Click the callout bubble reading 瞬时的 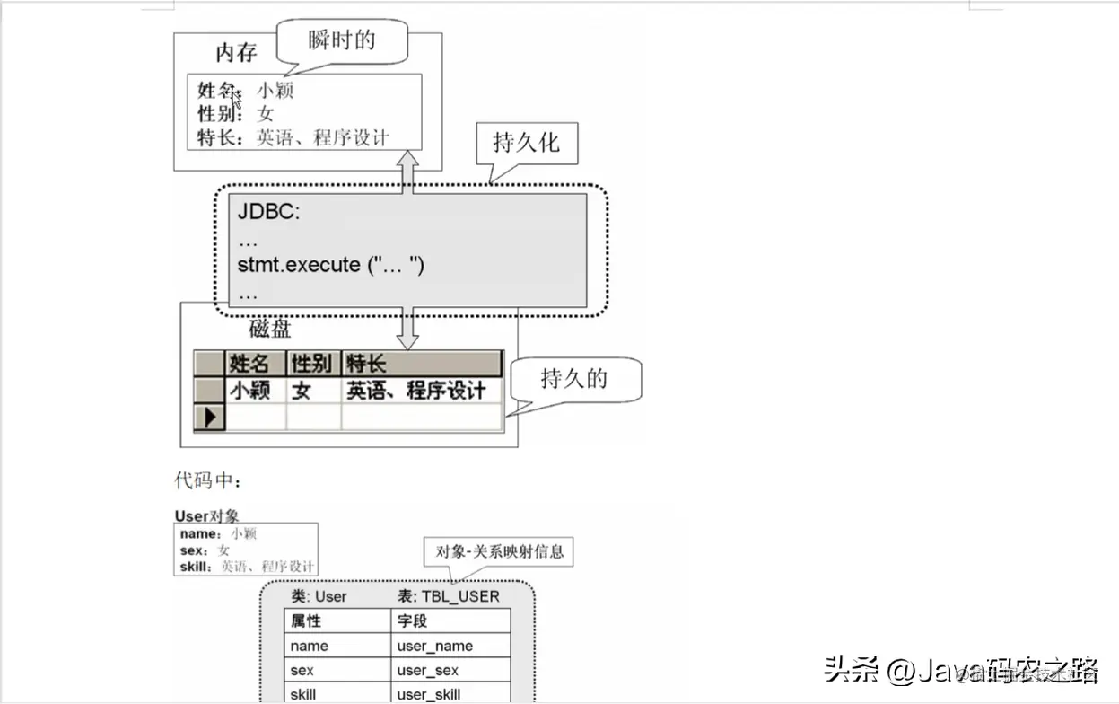tap(342, 41)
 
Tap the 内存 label tap(236, 52)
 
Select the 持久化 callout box tap(526, 143)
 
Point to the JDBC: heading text tap(269, 213)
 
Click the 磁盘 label tap(270, 329)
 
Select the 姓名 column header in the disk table tap(249, 364)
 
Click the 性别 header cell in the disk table tap(311, 364)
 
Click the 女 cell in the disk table tap(302, 391)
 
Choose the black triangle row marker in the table tap(211, 418)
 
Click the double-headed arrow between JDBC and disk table tap(408, 328)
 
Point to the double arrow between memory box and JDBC tap(408, 173)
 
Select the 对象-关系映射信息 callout tap(500, 550)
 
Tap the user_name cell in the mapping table tap(434, 646)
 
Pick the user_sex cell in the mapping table tap(427, 671)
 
